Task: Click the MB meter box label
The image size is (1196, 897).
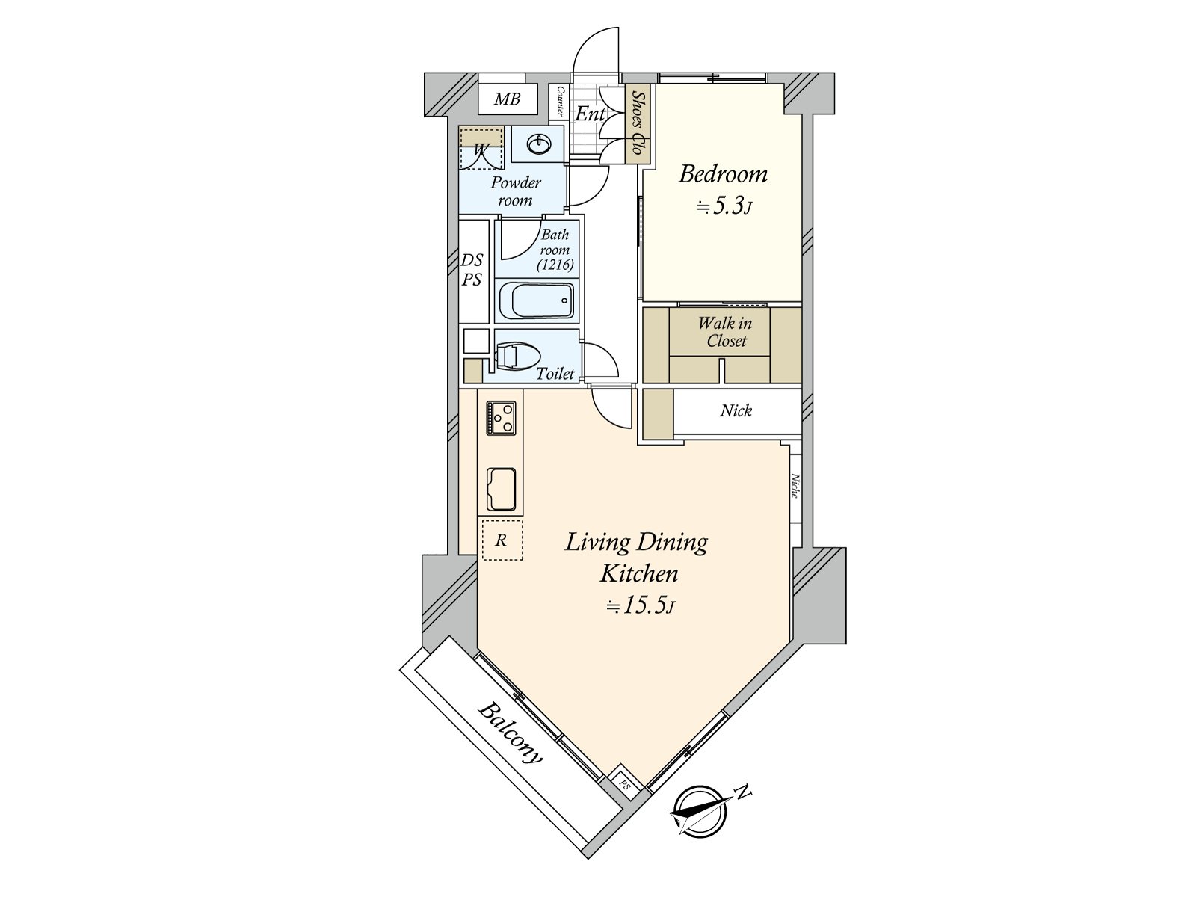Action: [507, 99]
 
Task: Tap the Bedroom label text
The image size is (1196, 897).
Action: [722, 174]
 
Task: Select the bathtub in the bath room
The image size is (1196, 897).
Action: [536, 301]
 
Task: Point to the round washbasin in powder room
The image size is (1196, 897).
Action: [537, 144]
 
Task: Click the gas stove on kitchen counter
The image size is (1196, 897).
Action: [501, 417]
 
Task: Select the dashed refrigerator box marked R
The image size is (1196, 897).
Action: [502, 540]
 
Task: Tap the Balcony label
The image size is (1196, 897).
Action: [511, 733]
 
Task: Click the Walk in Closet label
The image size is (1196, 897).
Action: [724, 333]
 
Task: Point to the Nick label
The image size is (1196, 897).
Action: [736, 410]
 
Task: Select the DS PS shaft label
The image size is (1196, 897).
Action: [472, 270]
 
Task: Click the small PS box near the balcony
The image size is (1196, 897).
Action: [623, 784]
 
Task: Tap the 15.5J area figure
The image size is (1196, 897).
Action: [641, 606]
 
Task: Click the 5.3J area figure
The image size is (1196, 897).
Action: [723, 206]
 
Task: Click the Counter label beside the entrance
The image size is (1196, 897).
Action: [559, 102]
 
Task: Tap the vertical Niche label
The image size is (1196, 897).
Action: [795, 487]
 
